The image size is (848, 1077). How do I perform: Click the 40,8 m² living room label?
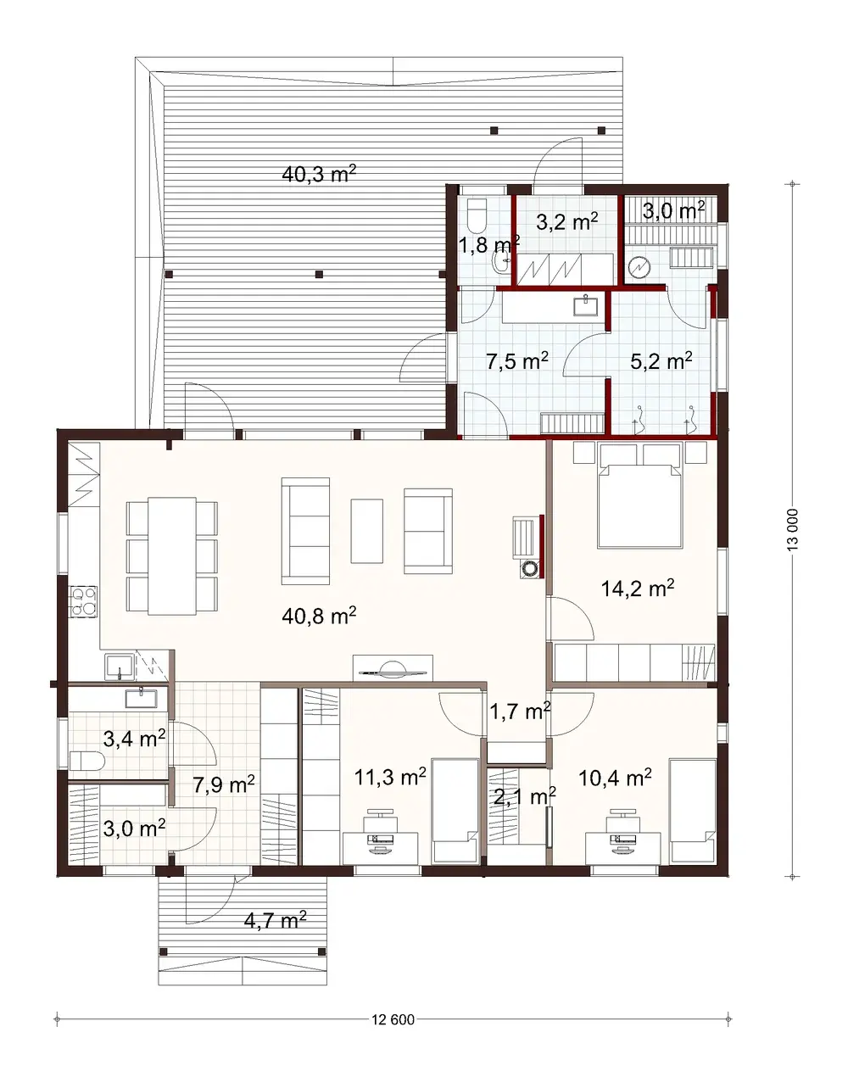[x=318, y=616]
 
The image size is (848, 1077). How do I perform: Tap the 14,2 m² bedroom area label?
[x=638, y=589]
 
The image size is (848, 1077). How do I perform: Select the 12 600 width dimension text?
[x=393, y=1020]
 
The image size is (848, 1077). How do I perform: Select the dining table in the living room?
[x=172, y=555]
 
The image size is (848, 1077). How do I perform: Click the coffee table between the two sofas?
[x=366, y=531]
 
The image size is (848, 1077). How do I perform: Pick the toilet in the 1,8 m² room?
[x=476, y=215]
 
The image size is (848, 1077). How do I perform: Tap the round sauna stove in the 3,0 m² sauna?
[x=638, y=269]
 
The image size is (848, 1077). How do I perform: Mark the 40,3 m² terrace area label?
[x=318, y=175]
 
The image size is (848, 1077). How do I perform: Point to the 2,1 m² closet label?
[x=524, y=797]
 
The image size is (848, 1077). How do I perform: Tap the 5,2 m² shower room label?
[x=661, y=360]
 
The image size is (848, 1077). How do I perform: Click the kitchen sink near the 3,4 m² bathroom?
[x=119, y=667]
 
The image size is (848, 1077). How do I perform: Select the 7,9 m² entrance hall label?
[x=224, y=784]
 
